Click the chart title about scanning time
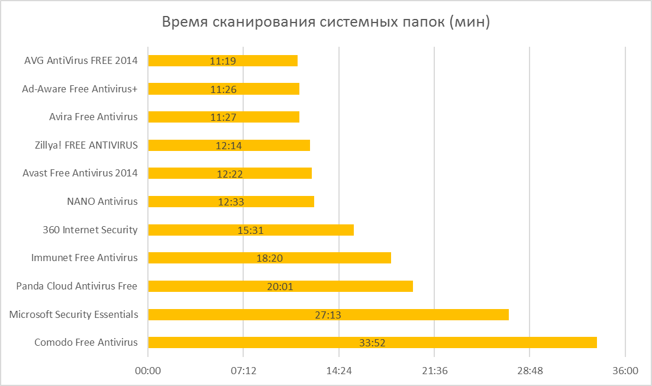point(326,23)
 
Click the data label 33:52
point(372,343)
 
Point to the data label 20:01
point(280,287)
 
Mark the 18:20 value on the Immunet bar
point(269,258)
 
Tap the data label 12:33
point(231,202)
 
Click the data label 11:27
point(223,117)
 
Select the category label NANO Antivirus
point(102,201)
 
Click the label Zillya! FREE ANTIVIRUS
point(86,145)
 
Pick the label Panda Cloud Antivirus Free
point(77,286)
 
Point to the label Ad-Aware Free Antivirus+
point(80,89)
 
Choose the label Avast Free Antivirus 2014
point(80,173)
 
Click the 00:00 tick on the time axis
point(148,371)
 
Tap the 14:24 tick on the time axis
point(339,371)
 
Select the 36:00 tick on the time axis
point(625,371)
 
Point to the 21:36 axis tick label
point(434,371)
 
